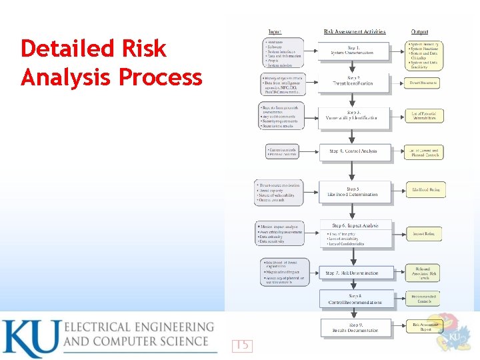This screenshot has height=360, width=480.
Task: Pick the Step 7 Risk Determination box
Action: [x=352, y=273]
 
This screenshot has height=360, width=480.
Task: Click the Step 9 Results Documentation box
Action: [x=352, y=327]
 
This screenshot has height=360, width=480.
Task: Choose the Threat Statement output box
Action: [x=424, y=83]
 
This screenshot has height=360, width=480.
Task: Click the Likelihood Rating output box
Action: [x=424, y=190]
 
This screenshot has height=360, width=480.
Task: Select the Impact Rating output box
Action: [x=424, y=234]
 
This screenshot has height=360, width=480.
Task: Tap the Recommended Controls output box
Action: [x=424, y=299]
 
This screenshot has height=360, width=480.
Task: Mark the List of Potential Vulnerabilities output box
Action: [x=424, y=115]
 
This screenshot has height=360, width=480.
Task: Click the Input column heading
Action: [x=274, y=31]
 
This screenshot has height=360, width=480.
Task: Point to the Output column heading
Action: [x=420, y=31]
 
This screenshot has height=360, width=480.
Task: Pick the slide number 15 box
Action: [x=242, y=345]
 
